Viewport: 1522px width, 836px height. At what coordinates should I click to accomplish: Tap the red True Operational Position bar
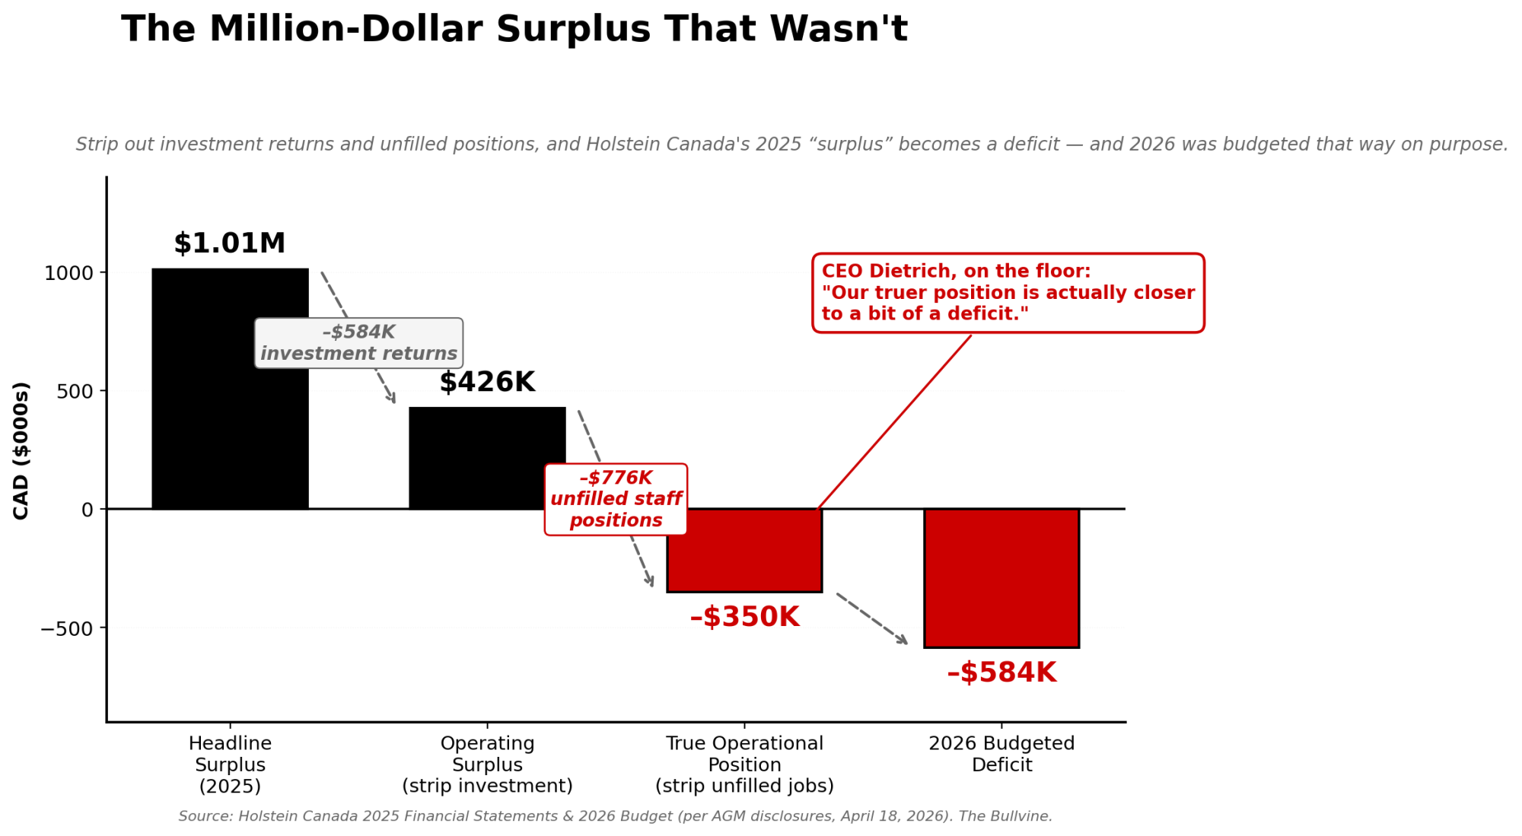click(744, 550)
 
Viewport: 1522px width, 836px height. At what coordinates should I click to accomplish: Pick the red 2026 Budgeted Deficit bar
click(1001, 578)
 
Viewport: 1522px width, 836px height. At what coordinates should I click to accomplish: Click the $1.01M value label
click(229, 243)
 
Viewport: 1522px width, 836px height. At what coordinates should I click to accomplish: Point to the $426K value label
click(487, 382)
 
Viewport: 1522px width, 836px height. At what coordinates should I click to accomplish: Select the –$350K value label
click(744, 617)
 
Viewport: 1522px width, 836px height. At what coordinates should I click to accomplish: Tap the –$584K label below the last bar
click(1001, 672)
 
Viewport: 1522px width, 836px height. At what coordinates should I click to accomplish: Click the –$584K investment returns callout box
click(358, 343)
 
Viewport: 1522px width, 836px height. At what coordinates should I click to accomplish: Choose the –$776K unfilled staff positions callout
click(616, 499)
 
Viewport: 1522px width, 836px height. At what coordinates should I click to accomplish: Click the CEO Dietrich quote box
click(1008, 293)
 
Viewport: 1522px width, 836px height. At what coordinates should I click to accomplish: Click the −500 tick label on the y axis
click(67, 628)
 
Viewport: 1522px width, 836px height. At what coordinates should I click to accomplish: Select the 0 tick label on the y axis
click(88, 510)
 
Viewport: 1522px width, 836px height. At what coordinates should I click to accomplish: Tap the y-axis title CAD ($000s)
click(21, 450)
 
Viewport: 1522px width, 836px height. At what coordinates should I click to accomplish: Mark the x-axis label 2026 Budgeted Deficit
click(1001, 754)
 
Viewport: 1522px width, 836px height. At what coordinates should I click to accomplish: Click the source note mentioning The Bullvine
click(615, 816)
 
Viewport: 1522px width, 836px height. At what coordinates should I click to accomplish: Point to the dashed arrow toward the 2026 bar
click(872, 618)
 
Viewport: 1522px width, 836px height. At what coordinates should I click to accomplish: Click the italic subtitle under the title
click(791, 145)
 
